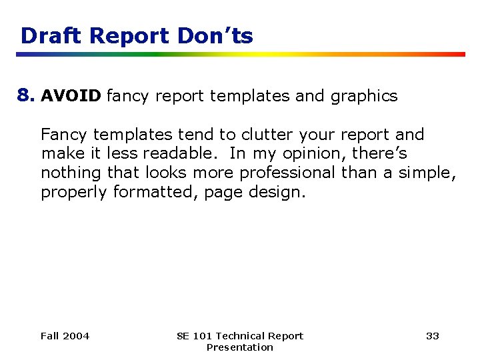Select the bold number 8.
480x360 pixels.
(26, 96)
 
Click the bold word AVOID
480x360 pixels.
(71, 97)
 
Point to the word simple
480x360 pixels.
(427, 173)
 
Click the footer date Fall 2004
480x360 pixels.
(65, 336)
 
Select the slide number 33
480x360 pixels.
(433, 336)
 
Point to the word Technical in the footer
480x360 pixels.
(241, 336)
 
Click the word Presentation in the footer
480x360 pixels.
(240, 347)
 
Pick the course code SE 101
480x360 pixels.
(194, 336)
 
